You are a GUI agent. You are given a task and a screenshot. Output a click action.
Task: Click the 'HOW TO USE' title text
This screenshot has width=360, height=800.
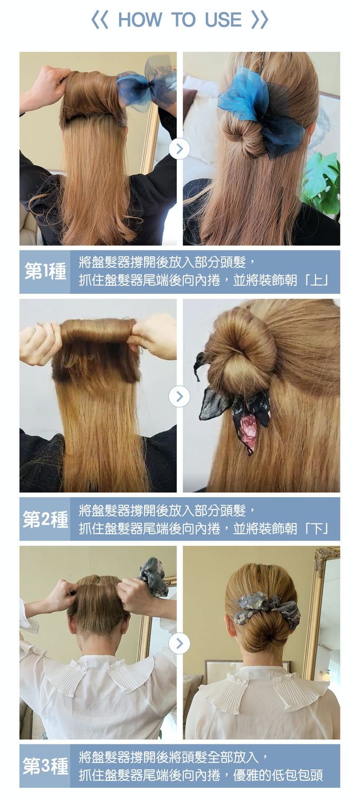tap(179, 20)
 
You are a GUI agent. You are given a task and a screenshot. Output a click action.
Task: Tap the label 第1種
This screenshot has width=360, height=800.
tap(45, 272)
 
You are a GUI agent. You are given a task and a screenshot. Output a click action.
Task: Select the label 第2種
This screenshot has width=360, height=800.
tap(45, 519)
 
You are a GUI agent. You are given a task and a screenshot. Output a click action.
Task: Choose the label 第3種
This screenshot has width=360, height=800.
tap(45, 766)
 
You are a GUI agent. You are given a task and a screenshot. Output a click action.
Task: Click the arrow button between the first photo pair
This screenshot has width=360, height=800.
tap(179, 149)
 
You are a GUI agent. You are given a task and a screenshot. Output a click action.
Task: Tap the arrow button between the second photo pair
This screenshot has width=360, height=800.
tap(179, 396)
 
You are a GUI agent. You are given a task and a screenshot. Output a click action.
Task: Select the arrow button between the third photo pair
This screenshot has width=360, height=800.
tap(179, 643)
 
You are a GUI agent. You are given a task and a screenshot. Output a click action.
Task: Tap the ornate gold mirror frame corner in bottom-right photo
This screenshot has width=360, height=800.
tap(326, 559)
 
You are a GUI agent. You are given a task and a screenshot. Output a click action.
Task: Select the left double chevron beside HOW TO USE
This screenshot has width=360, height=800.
tap(99, 20)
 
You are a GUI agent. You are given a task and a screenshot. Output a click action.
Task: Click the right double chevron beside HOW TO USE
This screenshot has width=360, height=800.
tap(260, 20)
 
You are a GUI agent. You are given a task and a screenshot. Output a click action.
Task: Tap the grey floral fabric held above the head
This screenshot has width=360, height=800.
tap(154, 577)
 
